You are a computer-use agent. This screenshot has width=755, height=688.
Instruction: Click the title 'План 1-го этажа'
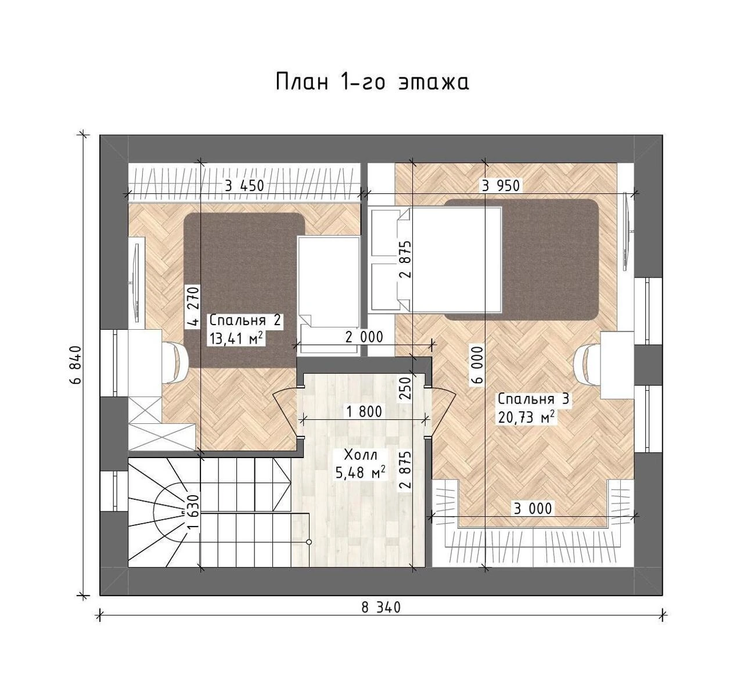click(x=372, y=82)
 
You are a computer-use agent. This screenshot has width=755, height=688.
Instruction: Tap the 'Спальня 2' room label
click(x=245, y=320)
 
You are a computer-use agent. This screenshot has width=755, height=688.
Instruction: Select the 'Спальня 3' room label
click(x=533, y=398)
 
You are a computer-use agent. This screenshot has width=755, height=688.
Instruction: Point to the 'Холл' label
click(x=360, y=455)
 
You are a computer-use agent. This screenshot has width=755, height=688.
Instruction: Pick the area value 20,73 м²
click(x=526, y=417)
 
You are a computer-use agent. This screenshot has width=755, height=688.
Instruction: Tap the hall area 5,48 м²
click(x=360, y=473)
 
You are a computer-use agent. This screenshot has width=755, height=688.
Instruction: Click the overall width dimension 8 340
click(x=381, y=607)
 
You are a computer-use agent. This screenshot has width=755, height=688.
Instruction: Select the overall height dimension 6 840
click(x=75, y=365)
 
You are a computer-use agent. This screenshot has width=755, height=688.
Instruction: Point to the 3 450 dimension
click(x=245, y=186)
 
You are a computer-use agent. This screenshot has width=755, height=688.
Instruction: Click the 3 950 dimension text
click(x=501, y=186)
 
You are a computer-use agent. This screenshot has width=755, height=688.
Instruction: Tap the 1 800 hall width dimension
click(x=364, y=412)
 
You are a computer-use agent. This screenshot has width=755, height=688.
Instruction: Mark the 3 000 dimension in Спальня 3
click(x=533, y=509)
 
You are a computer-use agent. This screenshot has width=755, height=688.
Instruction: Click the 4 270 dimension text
click(x=193, y=306)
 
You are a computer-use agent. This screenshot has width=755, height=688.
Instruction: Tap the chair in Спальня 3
click(x=587, y=365)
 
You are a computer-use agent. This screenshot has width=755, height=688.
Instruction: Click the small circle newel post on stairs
click(x=308, y=542)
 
